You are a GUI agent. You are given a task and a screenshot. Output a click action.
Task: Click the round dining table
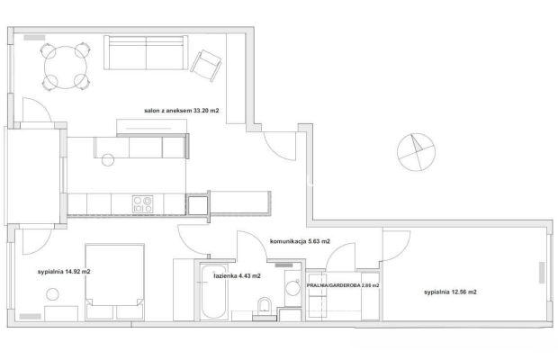click(66, 67)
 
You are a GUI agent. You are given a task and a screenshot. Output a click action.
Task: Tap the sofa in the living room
click(146, 52)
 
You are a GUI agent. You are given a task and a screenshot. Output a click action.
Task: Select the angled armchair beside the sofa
click(206, 66)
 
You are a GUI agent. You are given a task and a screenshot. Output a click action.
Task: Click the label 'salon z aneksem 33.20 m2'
click(182, 111)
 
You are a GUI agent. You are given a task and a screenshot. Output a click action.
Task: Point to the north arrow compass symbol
click(416, 152)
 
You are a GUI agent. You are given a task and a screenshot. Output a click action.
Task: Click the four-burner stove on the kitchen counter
click(143, 204)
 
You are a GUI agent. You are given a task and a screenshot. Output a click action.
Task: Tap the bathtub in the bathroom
click(213, 292)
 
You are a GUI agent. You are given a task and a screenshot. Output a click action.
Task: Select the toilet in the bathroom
click(264, 308)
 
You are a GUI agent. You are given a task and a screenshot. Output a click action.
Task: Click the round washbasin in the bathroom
click(292, 288)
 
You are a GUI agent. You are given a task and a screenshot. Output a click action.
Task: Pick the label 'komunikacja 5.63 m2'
click(300, 241)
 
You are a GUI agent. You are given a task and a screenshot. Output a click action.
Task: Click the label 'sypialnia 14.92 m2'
click(64, 272)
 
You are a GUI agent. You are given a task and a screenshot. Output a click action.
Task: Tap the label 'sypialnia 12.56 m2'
click(450, 292)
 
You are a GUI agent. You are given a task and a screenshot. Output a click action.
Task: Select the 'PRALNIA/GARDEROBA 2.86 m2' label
click(343, 285)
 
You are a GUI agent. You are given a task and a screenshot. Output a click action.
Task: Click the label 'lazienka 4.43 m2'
click(237, 275)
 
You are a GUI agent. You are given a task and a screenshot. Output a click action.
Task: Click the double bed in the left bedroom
click(114, 282)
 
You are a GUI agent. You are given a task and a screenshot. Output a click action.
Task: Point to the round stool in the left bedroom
click(53, 294)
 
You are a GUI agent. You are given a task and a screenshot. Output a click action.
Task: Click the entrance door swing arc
click(274, 151)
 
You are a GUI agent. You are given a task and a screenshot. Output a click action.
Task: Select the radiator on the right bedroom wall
click(542, 273)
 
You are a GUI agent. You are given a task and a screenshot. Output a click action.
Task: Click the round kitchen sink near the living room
click(108, 159)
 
